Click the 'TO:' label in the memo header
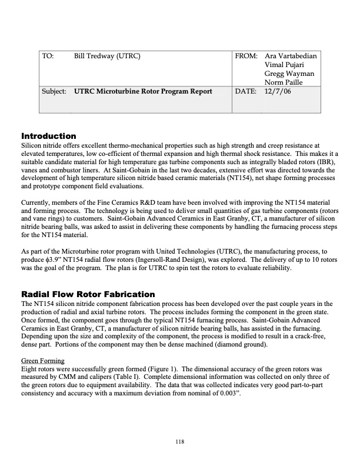coord(48,56)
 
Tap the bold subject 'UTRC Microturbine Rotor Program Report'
coord(143,92)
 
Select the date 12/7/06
coord(278,92)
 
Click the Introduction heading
coord(49,136)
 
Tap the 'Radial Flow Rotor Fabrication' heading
coord(88,294)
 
